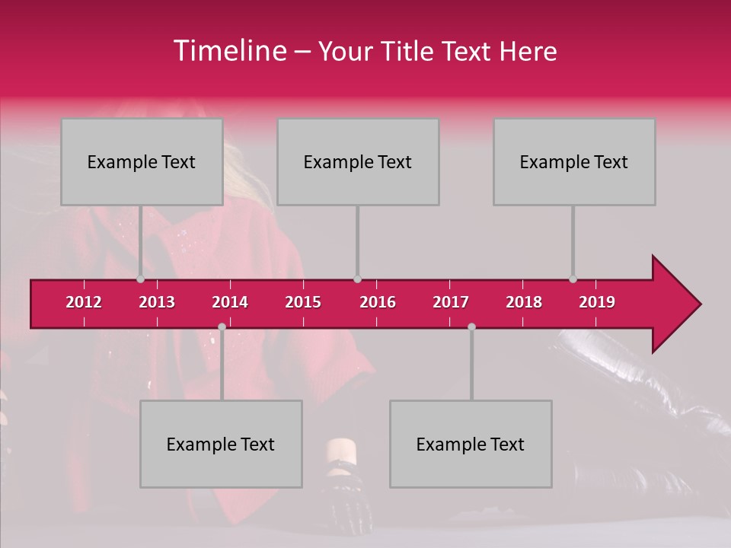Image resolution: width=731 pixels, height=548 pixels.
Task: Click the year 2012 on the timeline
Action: point(84,302)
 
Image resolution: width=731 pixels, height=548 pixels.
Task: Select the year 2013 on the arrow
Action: point(157,302)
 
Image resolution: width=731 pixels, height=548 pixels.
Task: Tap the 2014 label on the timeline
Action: point(230,302)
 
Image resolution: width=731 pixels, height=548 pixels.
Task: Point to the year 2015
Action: point(303,302)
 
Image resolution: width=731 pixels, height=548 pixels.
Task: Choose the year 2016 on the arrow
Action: point(378,302)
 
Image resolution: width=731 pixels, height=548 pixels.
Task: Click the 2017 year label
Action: point(451,302)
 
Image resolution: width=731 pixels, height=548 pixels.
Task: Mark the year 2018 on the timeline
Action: point(524,302)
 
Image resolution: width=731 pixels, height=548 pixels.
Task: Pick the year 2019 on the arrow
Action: point(597,302)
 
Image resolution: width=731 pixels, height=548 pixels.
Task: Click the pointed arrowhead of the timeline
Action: point(678,304)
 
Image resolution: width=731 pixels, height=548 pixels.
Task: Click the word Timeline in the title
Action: point(229,51)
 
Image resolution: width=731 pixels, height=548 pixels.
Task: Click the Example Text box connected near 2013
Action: point(142,161)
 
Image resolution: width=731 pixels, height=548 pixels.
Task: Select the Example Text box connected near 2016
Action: point(358,161)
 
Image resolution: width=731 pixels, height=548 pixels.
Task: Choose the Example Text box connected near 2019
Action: point(574,161)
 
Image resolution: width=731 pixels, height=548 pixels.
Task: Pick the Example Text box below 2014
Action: point(221,444)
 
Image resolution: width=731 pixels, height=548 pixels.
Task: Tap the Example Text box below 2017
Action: point(471,444)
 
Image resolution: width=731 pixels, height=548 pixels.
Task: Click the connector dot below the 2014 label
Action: point(222,327)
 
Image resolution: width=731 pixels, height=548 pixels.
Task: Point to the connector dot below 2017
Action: point(471,327)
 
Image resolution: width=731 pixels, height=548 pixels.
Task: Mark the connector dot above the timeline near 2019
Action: point(573,279)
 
